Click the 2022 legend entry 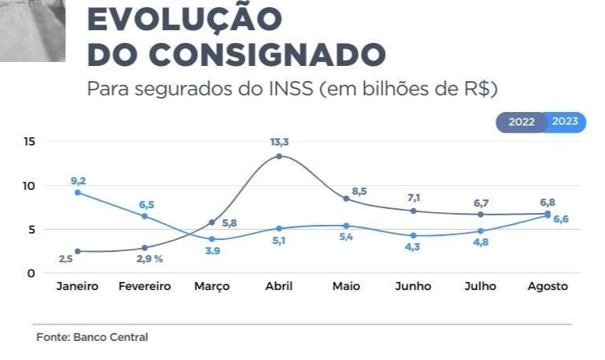pyautogui.click(x=522, y=122)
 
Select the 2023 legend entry pyautogui.click(x=565, y=122)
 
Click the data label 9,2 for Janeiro pyautogui.click(x=77, y=181)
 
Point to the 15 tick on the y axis pyautogui.click(x=30, y=141)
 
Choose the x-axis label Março pyautogui.click(x=212, y=286)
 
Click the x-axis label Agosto pyautogui.click(x=548, y=286)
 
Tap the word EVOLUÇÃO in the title pyautogui.click(x=184, y=19)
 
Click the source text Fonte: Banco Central pyautogui.click(x=92, y=337)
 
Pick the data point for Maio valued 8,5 pyautogui.click(x=346, y=198)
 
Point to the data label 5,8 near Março pyautogui.click(x=230, y=223)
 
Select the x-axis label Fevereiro pyautogui.click(x=144, y=286)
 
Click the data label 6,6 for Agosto pyautogui.click(x=560, y=219)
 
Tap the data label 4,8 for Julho pyautogui.click(x=480, y=243)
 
